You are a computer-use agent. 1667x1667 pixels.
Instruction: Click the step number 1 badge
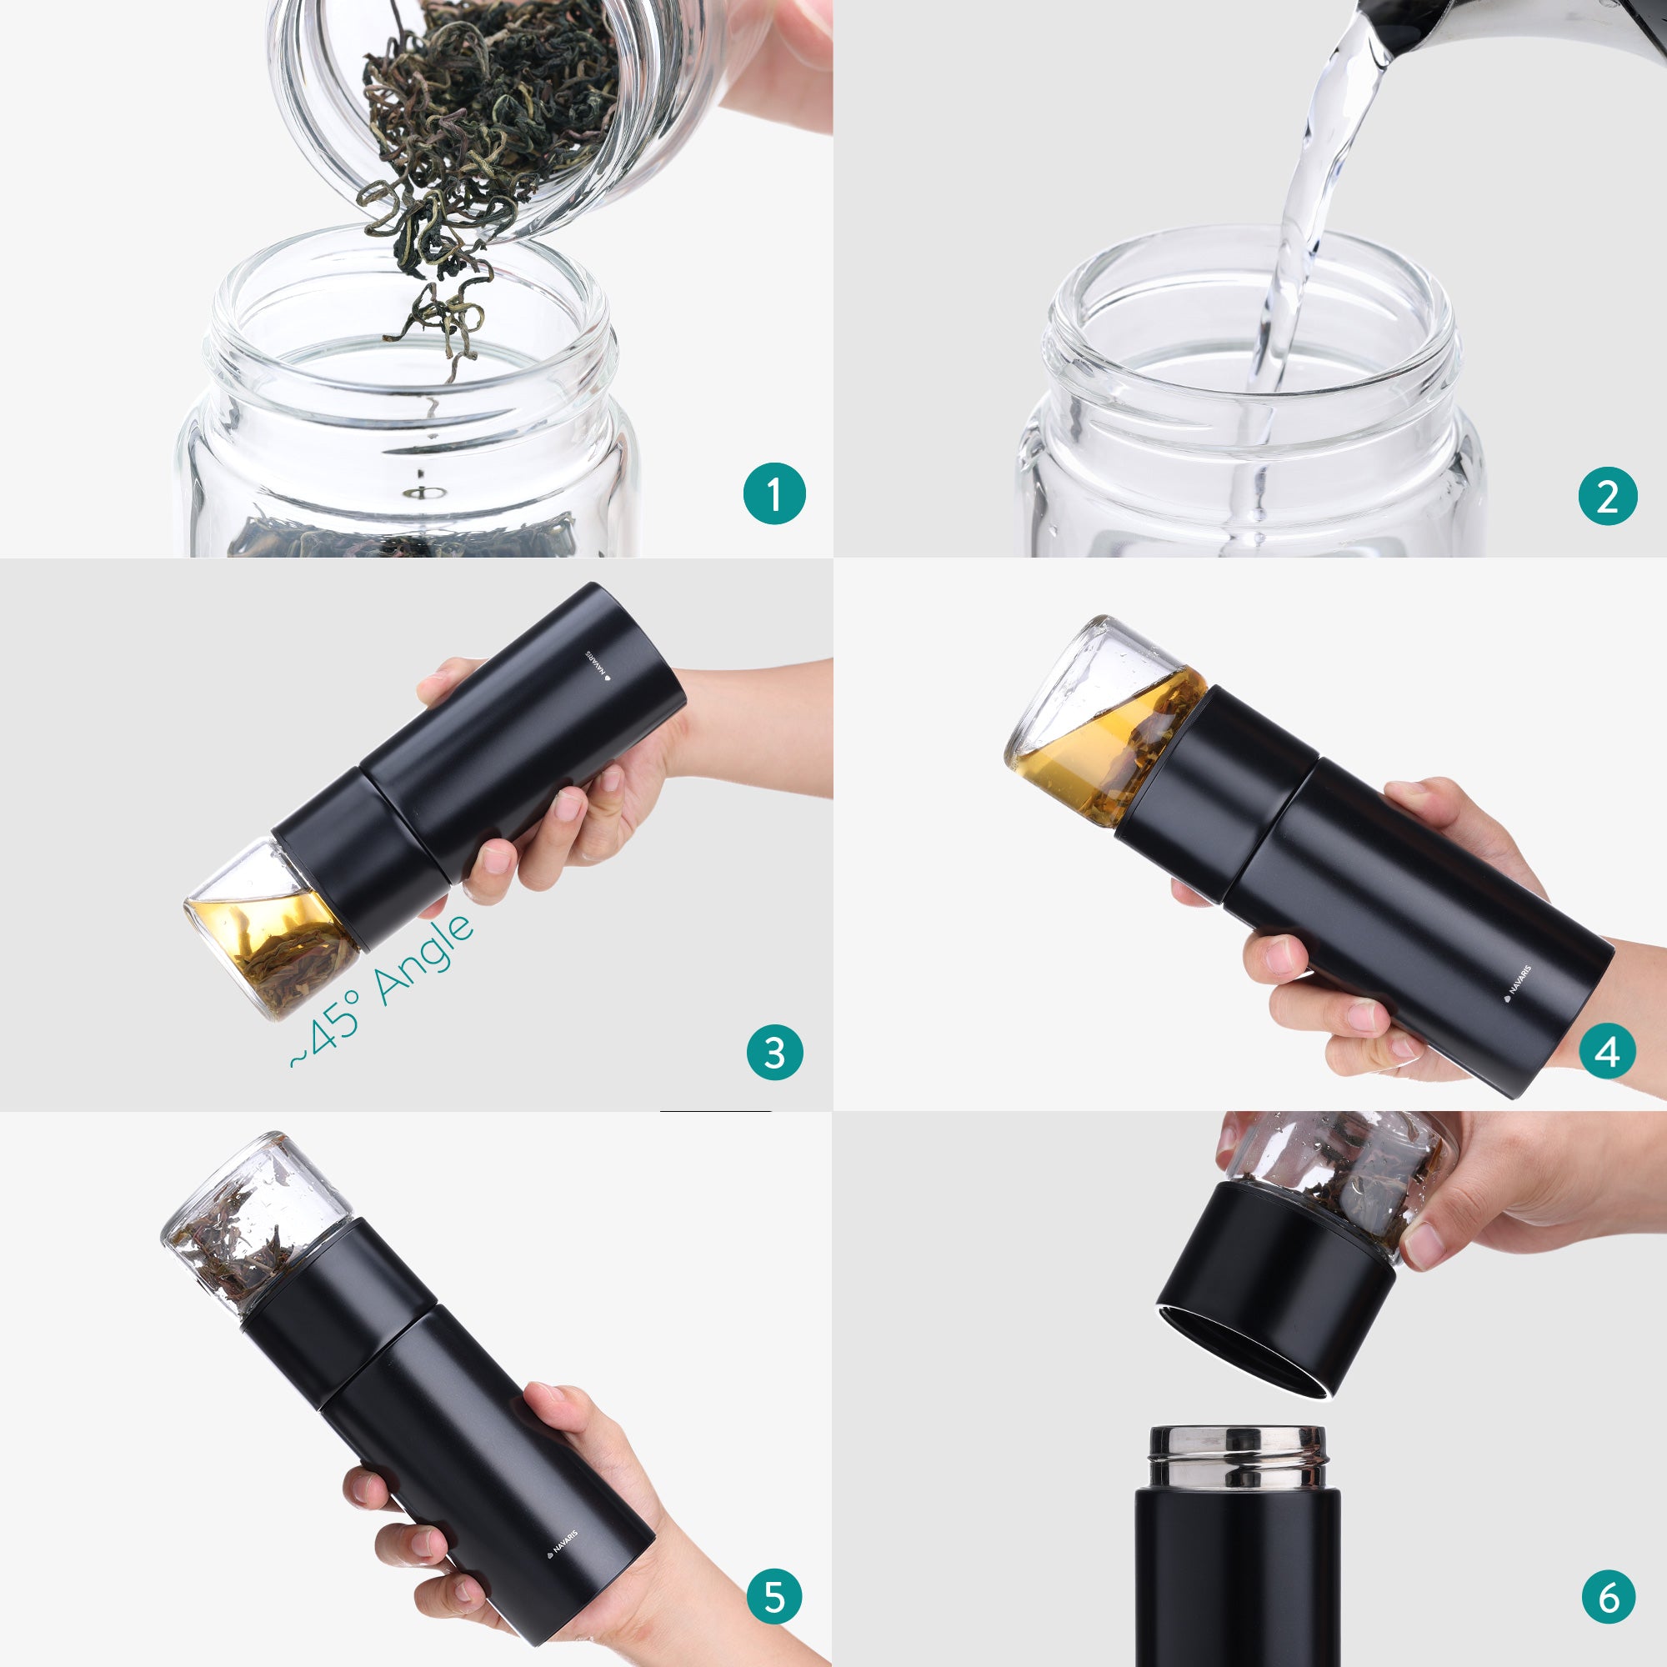pos(774,494)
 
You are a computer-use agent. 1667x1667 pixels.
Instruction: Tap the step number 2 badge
pos(1608,496)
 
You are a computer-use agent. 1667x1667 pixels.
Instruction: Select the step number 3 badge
pos(774,1053)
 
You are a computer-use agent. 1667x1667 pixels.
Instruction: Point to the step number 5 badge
pos(774,1597)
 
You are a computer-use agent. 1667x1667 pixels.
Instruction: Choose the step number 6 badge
pos(1609,1597)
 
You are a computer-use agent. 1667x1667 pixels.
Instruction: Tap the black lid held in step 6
pos(1277,1294)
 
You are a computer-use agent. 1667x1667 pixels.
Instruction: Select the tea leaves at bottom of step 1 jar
pos(397,539)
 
